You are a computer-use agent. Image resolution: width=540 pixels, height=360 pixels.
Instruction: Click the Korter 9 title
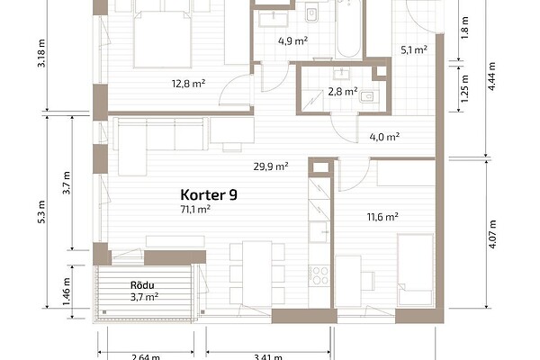pos(209,195)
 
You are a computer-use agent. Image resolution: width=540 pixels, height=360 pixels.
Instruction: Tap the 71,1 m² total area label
pos(195,209)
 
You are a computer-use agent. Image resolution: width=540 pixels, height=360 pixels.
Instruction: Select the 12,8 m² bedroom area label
pos(189,84)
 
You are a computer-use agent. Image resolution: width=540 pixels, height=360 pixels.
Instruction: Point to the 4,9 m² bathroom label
pos(292,41)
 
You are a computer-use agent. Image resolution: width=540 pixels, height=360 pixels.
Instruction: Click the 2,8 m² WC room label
pos(343,92)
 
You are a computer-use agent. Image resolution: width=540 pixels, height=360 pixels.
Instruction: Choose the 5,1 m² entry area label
pos(414,50)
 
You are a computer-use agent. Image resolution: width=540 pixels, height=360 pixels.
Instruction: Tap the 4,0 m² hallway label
pos(384,137)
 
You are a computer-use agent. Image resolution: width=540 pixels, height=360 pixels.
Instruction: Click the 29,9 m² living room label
pos(271,166)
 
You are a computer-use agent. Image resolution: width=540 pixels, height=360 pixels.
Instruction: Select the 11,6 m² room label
pos(382,217)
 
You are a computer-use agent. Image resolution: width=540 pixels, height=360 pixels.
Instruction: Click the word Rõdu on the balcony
pos(142,285)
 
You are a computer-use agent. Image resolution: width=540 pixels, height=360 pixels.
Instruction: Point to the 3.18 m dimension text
pos(41,54)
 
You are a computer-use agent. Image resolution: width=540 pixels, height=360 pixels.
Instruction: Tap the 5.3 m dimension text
pos(41,211)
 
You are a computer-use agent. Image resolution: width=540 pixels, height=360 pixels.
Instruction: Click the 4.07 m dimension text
pos(492,234)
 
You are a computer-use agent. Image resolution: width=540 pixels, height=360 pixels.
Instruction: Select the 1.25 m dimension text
pos(464,88)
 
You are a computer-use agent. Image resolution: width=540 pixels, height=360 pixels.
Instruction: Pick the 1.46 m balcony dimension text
pos(67,292)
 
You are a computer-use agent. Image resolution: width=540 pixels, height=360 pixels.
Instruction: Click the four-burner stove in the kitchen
pos(319,275)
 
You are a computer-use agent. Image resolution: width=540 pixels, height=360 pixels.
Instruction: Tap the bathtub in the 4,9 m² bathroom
pos(348,29)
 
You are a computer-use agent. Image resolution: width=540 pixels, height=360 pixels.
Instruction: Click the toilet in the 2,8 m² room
pos(368,97)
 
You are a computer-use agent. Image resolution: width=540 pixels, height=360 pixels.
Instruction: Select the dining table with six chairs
pos(256,274)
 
